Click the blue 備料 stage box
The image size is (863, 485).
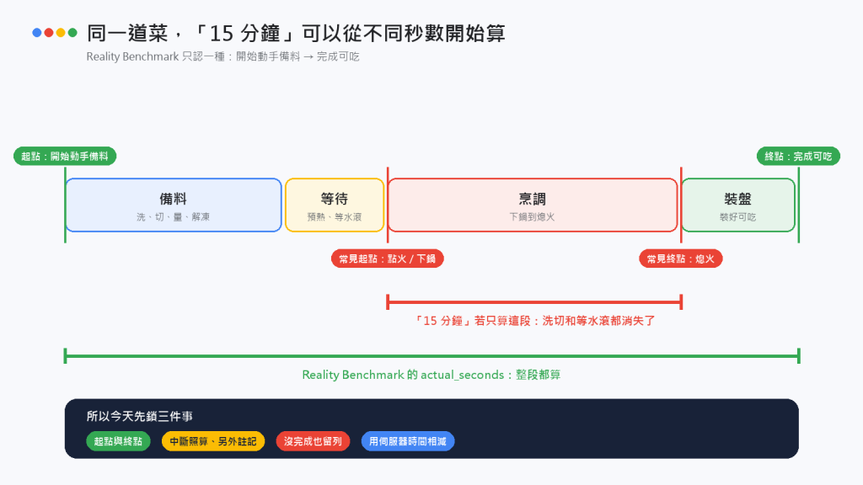coord(174,205)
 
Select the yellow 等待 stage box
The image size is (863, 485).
coord(335,205)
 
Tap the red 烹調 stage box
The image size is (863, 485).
coord(533,205)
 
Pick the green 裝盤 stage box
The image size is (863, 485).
coord(738,205)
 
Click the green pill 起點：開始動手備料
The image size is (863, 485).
coord(65,156)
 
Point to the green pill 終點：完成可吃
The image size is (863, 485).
coord(799,156)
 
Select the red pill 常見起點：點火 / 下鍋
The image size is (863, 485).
coord(388,258)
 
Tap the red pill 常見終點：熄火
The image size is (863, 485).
coord(681,258)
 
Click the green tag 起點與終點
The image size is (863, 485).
coord(118,441)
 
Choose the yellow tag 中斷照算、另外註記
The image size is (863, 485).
coord(213,441)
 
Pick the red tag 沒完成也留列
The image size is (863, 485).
coord(313,441)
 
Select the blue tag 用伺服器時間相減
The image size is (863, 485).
coord(408,441)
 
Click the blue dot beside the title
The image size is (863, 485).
coord(37,33)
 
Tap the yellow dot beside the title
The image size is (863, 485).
coord(61,33)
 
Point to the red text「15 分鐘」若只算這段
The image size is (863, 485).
coord(477,321)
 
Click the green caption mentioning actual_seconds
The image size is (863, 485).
coord(431,375)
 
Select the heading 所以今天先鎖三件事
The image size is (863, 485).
coord(140,416)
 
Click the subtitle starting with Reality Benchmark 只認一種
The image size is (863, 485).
coord(222,56)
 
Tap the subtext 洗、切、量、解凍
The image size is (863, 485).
coord(174,217)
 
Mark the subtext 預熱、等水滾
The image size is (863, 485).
coord(335,217)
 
